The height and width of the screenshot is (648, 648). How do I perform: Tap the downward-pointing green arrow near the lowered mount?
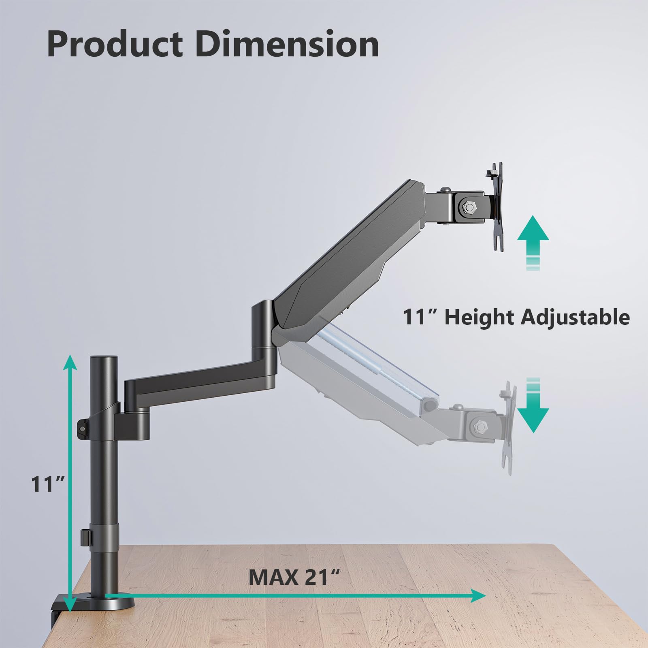tap(533, 405)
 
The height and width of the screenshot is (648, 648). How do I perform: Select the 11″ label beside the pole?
tap(48, 484)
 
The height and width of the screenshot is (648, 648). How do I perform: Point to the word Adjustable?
tap(575, 318)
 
